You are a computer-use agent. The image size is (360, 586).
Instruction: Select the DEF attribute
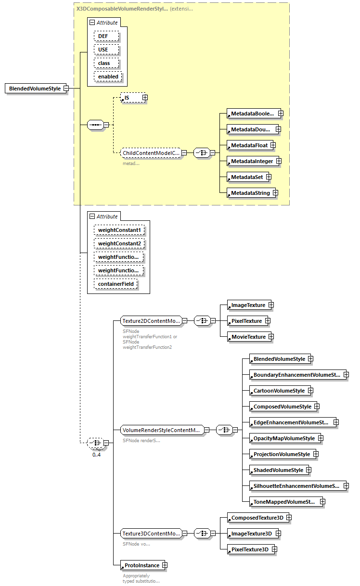click(103, 36)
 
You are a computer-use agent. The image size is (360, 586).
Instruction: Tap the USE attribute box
click(103, 50)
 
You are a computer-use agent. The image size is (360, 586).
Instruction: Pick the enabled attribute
click(108, 76)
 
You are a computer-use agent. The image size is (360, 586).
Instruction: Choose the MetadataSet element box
click(246, 177)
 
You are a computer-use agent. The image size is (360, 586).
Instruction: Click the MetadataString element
click(250, 193)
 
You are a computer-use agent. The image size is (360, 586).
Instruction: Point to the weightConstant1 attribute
click(119, 230)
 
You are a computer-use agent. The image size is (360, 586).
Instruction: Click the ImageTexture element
click(248, 305)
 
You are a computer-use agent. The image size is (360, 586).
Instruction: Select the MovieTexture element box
click(248, 337)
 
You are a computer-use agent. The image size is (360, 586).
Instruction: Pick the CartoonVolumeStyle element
click(279, 391)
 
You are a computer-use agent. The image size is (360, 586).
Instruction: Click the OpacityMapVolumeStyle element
click(283, 438)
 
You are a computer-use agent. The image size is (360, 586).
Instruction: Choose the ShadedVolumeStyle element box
click(278, 470)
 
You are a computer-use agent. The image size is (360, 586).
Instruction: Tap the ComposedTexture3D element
click(257, 518)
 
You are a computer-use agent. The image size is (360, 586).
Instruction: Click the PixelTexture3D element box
click(249, 549)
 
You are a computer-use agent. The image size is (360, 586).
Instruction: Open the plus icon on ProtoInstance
click(165, 565)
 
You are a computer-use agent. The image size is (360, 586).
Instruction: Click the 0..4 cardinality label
click(96, 455)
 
